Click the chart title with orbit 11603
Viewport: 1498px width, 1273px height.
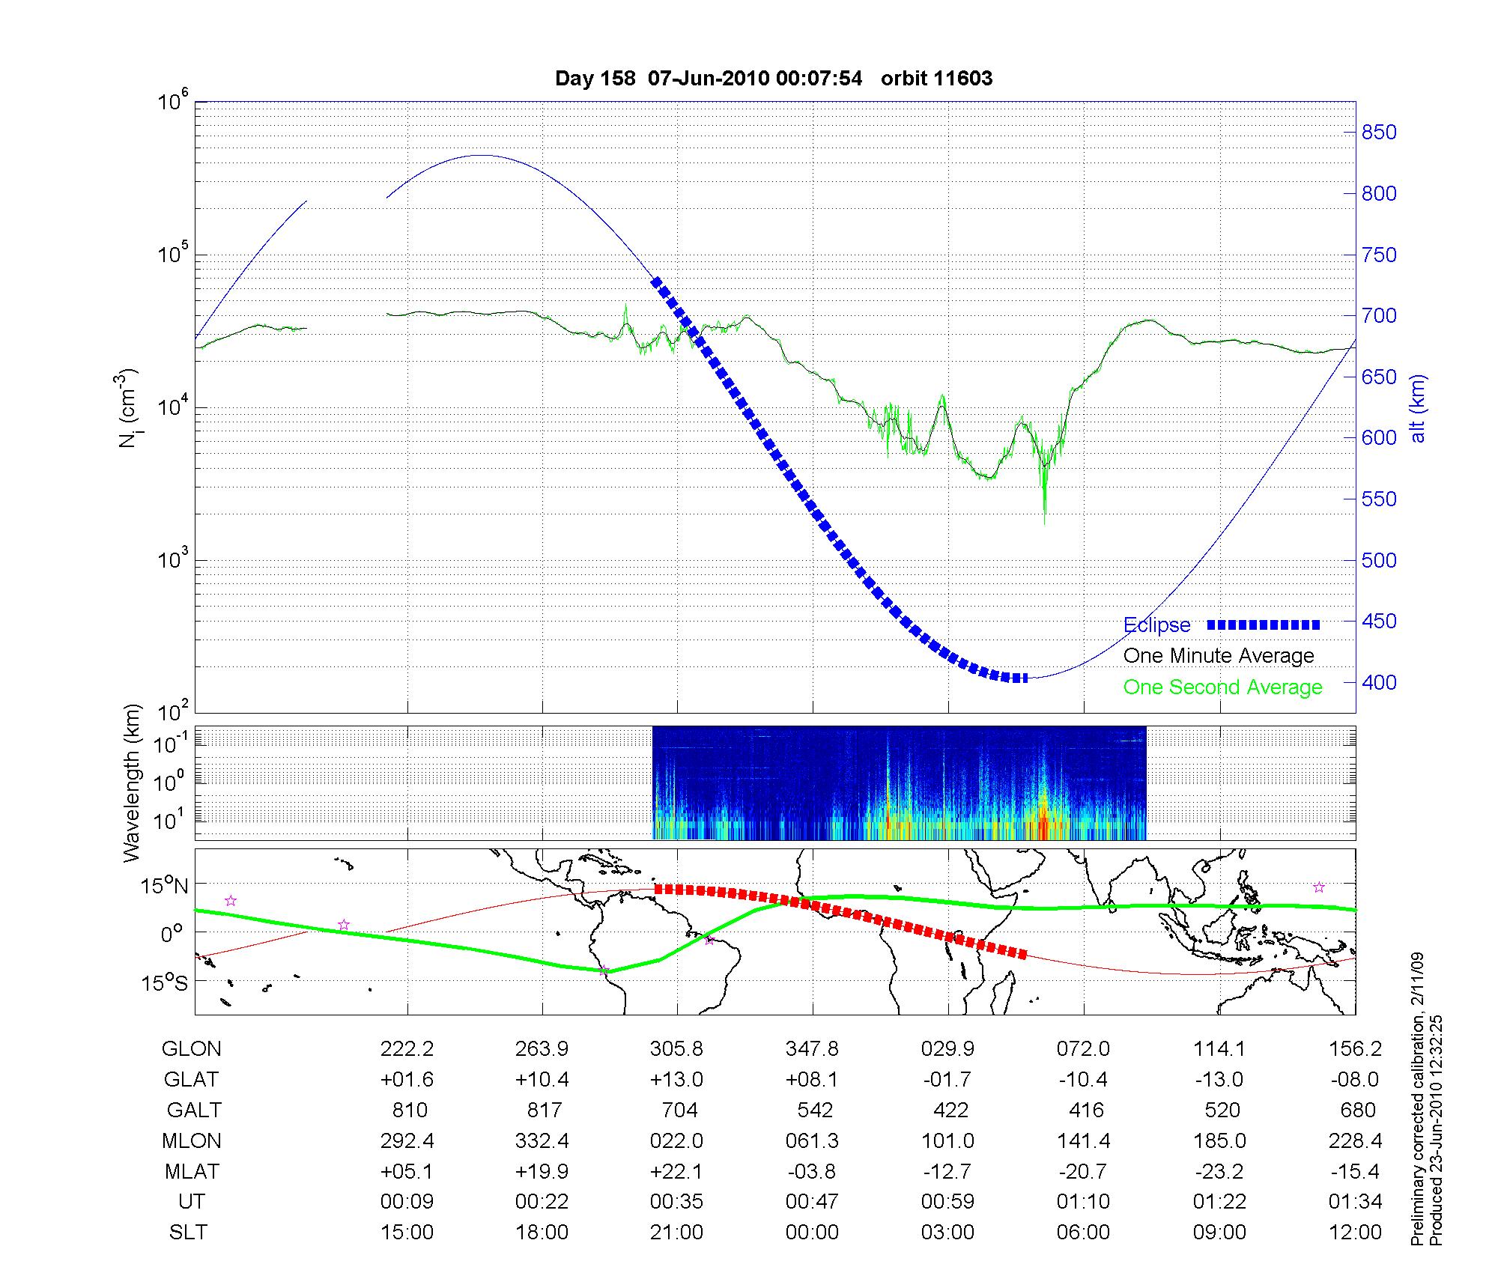[774, 79]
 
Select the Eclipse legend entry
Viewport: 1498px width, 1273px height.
[1156, 625]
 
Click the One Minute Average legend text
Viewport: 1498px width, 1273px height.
[1219, 656]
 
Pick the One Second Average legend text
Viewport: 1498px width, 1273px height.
[1222, 687]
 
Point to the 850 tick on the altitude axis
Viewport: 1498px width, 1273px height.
[1378, 133]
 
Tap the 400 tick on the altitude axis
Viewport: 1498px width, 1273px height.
[1378, 682]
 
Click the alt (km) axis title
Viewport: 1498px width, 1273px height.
[1418, 408]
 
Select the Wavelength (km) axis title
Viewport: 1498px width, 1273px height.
[132, 783]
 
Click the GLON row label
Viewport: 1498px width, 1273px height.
[191, 1049]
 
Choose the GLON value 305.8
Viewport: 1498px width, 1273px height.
[676, 1049]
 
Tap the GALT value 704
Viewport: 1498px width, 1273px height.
[679, 1110]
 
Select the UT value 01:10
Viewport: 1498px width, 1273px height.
[1083, 1201]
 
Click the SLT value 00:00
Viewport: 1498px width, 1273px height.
[812, 1232]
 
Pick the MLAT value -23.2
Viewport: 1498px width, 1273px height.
[1219, 1171]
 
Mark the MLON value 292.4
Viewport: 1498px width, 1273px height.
[407, 1140]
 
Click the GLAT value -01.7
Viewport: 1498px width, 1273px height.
[947, 1080]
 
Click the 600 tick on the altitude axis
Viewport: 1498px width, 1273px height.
[1378, 438]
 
